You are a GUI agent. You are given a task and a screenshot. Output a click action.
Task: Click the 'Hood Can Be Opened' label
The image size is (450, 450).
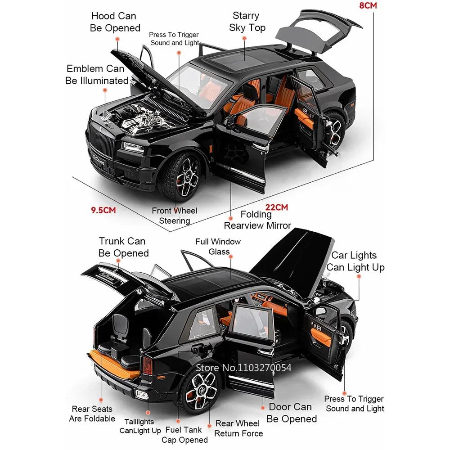[x=115, y=22]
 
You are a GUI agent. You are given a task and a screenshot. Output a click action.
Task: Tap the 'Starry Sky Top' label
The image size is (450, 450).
[x=247, y=22]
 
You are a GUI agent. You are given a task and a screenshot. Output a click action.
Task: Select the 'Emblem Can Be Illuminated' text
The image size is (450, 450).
[x=96, y=75]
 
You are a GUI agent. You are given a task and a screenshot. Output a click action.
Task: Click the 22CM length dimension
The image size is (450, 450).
[x=276, y=207]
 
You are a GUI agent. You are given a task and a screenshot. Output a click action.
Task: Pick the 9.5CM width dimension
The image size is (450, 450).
[x=103, y=210]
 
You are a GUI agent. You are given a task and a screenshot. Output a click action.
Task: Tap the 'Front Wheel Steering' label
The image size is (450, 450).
[x=174, y=216]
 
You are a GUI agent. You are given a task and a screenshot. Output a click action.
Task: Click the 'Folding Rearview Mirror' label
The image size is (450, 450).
[x=257, y=220]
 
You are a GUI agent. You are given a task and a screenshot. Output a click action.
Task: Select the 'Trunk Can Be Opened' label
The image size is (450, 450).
[x=123, y=247]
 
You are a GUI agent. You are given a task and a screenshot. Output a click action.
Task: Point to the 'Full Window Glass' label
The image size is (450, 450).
[x=218, y=247]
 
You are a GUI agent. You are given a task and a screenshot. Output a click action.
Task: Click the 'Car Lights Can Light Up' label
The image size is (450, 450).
[x=355, y=261]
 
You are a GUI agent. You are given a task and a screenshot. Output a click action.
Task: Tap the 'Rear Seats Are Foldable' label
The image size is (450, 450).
[x=92, y=414]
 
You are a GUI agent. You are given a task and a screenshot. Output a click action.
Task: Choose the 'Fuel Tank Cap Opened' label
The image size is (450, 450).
[x=184, y=435]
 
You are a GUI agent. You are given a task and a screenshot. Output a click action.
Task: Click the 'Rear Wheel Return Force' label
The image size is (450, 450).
[x=237, y=428]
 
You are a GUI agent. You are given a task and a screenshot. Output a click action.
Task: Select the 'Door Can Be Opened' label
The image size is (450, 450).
[x=291, y=413]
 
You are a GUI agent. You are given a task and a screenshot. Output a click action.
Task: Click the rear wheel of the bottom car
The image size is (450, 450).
[x=198, y=388]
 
